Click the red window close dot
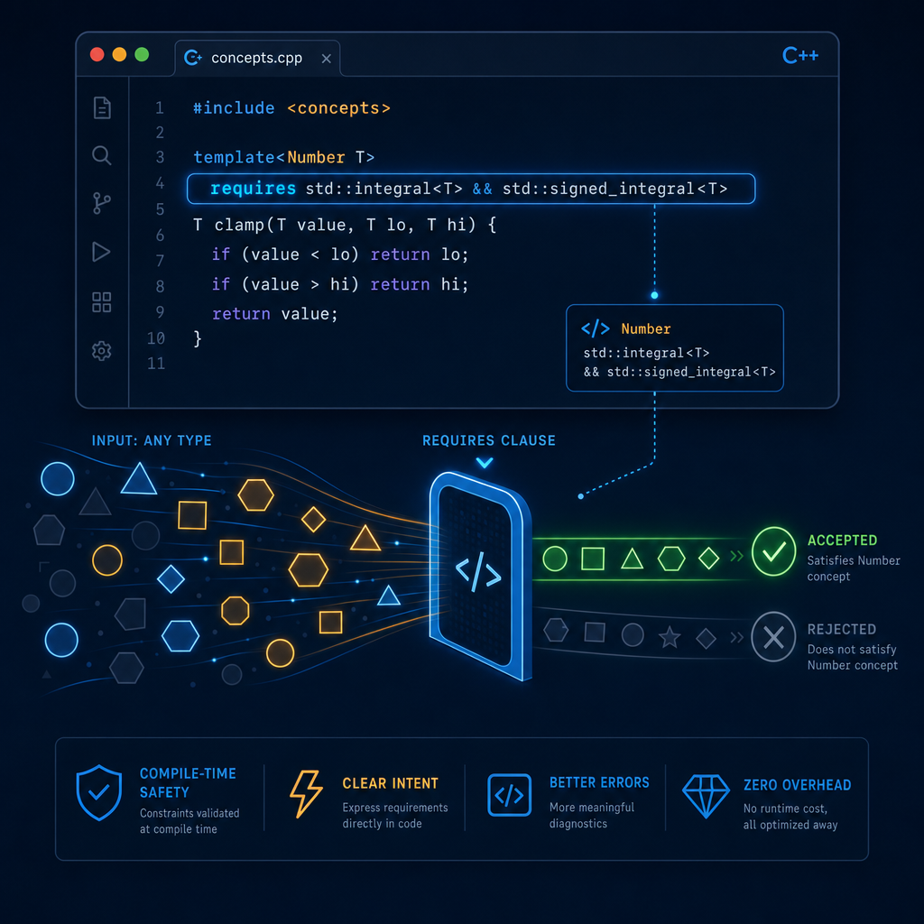(97, 55)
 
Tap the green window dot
(142, 55)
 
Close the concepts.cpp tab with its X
(327, 59)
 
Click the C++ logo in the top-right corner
(800, 55)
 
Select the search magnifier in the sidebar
(101, 155)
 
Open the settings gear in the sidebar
(101, 351)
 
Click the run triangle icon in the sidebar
(101, 253)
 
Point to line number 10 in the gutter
(156, 338)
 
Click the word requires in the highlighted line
(253, 189)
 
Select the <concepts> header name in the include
(339, 108)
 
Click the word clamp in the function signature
(240, 225)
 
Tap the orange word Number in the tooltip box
(646, 328)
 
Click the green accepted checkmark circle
(773, 551)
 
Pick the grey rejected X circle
(773, 637)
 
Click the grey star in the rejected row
(670, 636)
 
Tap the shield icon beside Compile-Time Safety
(99, 792)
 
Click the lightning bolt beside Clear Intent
(307, 794)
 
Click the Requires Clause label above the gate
(488, 440)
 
